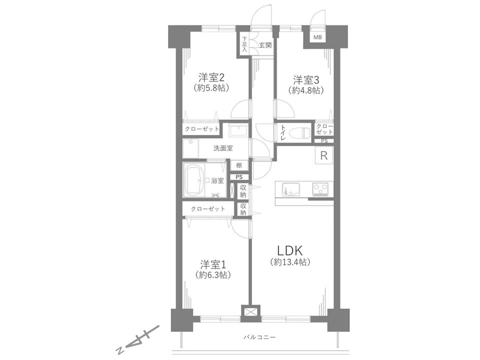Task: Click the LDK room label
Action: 289,251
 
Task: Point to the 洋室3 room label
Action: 306,80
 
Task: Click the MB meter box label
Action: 317,37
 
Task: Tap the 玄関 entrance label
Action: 265,45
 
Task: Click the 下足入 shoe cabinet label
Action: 244,44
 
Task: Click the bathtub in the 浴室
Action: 194,180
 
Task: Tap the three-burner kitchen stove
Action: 320,189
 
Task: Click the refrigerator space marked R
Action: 324,155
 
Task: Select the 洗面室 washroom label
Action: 223,148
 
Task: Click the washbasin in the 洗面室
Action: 239,131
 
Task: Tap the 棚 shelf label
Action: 239,165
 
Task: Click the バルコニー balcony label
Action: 259,337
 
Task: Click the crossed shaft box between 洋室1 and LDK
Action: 250,313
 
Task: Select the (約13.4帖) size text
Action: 290,262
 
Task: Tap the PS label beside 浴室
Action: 239,177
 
